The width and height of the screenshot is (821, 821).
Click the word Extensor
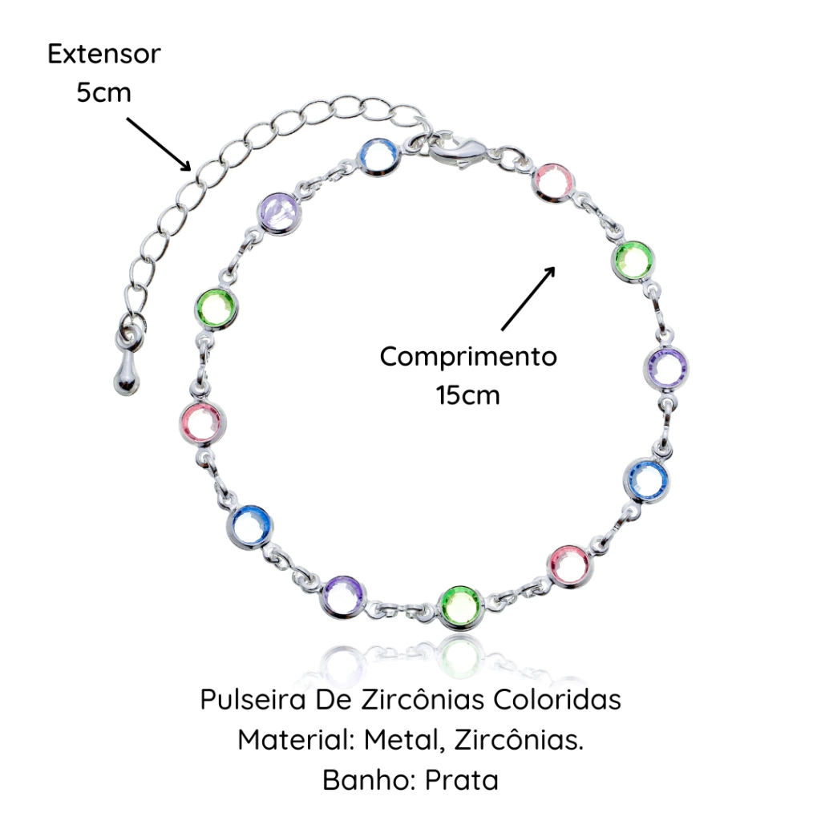(103, 55)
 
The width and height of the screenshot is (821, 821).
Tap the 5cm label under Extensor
(103, 92)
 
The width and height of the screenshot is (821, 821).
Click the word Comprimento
(468, 356)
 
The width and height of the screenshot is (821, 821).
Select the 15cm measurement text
(468, 394)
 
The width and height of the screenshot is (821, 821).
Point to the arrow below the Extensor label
(158, 143)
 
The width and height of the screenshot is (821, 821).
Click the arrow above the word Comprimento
(528, 297)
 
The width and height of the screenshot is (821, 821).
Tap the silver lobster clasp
(453, 149)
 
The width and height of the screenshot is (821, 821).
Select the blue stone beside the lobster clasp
(378, 159)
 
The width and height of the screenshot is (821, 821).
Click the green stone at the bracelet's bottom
(462, 607)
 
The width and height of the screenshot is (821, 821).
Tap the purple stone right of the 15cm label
(667, 368)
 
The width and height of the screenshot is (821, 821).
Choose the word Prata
(461, 779)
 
